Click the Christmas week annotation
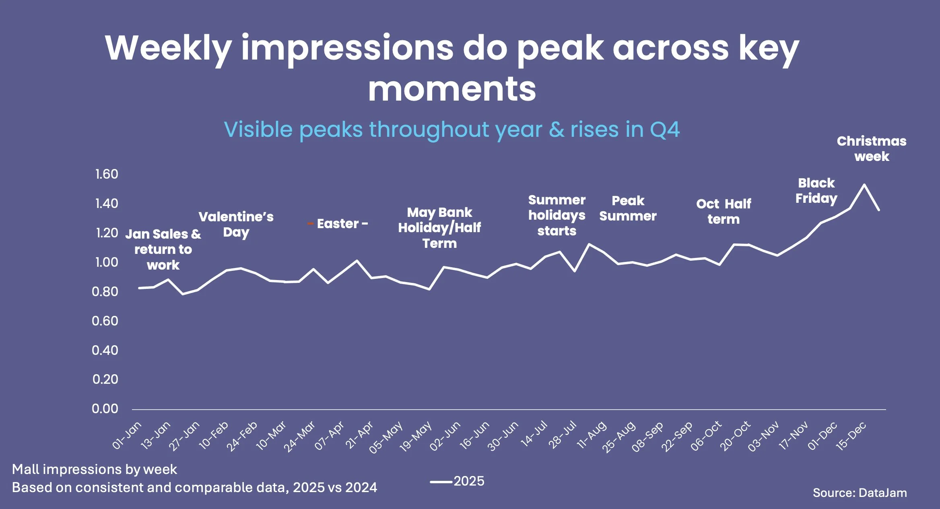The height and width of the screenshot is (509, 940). (871, 148)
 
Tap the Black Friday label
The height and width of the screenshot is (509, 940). (816, 191)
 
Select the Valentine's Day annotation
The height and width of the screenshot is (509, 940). (236, 224)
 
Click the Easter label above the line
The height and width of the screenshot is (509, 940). (338, 224)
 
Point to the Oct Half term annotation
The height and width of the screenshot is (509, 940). (724, 211)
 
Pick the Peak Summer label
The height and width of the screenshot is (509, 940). (628, 208)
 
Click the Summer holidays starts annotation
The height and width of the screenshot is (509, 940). (557, 215)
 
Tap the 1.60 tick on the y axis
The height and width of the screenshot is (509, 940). (107, 174)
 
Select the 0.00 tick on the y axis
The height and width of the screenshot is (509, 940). (105, 409)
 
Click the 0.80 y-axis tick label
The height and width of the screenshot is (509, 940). (105, 292)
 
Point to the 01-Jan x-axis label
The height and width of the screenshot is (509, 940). (127, 435)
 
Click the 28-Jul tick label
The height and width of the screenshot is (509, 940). (563, 435)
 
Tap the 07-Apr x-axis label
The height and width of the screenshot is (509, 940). (329, 436)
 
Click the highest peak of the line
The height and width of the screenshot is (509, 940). (864, 185)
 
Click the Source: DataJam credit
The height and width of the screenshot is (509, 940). (860, 493)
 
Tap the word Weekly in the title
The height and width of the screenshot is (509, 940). (168, 48)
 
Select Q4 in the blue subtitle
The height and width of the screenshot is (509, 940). (664, 130)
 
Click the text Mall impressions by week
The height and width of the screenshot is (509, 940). (95, 470)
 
